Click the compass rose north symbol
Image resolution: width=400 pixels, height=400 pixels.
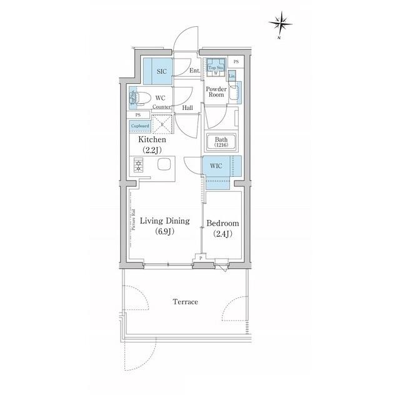(281, 24)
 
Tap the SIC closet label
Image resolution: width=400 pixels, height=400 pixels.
(161, 71)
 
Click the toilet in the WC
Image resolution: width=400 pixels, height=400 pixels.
(141, 97)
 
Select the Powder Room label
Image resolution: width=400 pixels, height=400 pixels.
(216, 93)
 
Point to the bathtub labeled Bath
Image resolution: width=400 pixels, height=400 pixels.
(222, 142)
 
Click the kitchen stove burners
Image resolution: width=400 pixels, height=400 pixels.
(137, 166)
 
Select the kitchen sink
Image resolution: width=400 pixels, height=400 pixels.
(165, 166)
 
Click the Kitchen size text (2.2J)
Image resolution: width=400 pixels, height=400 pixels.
(153, 150)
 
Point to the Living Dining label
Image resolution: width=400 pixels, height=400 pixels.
(165, 221)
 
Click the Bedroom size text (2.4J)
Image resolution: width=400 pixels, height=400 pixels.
(223, 234)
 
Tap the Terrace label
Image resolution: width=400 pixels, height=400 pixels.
(185, 302)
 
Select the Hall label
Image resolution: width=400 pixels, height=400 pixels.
(187, 107)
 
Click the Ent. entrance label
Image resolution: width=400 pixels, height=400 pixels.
(194, 71)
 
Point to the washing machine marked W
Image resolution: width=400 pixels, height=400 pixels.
(216, 73)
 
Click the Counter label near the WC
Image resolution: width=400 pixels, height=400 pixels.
(161, 107)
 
